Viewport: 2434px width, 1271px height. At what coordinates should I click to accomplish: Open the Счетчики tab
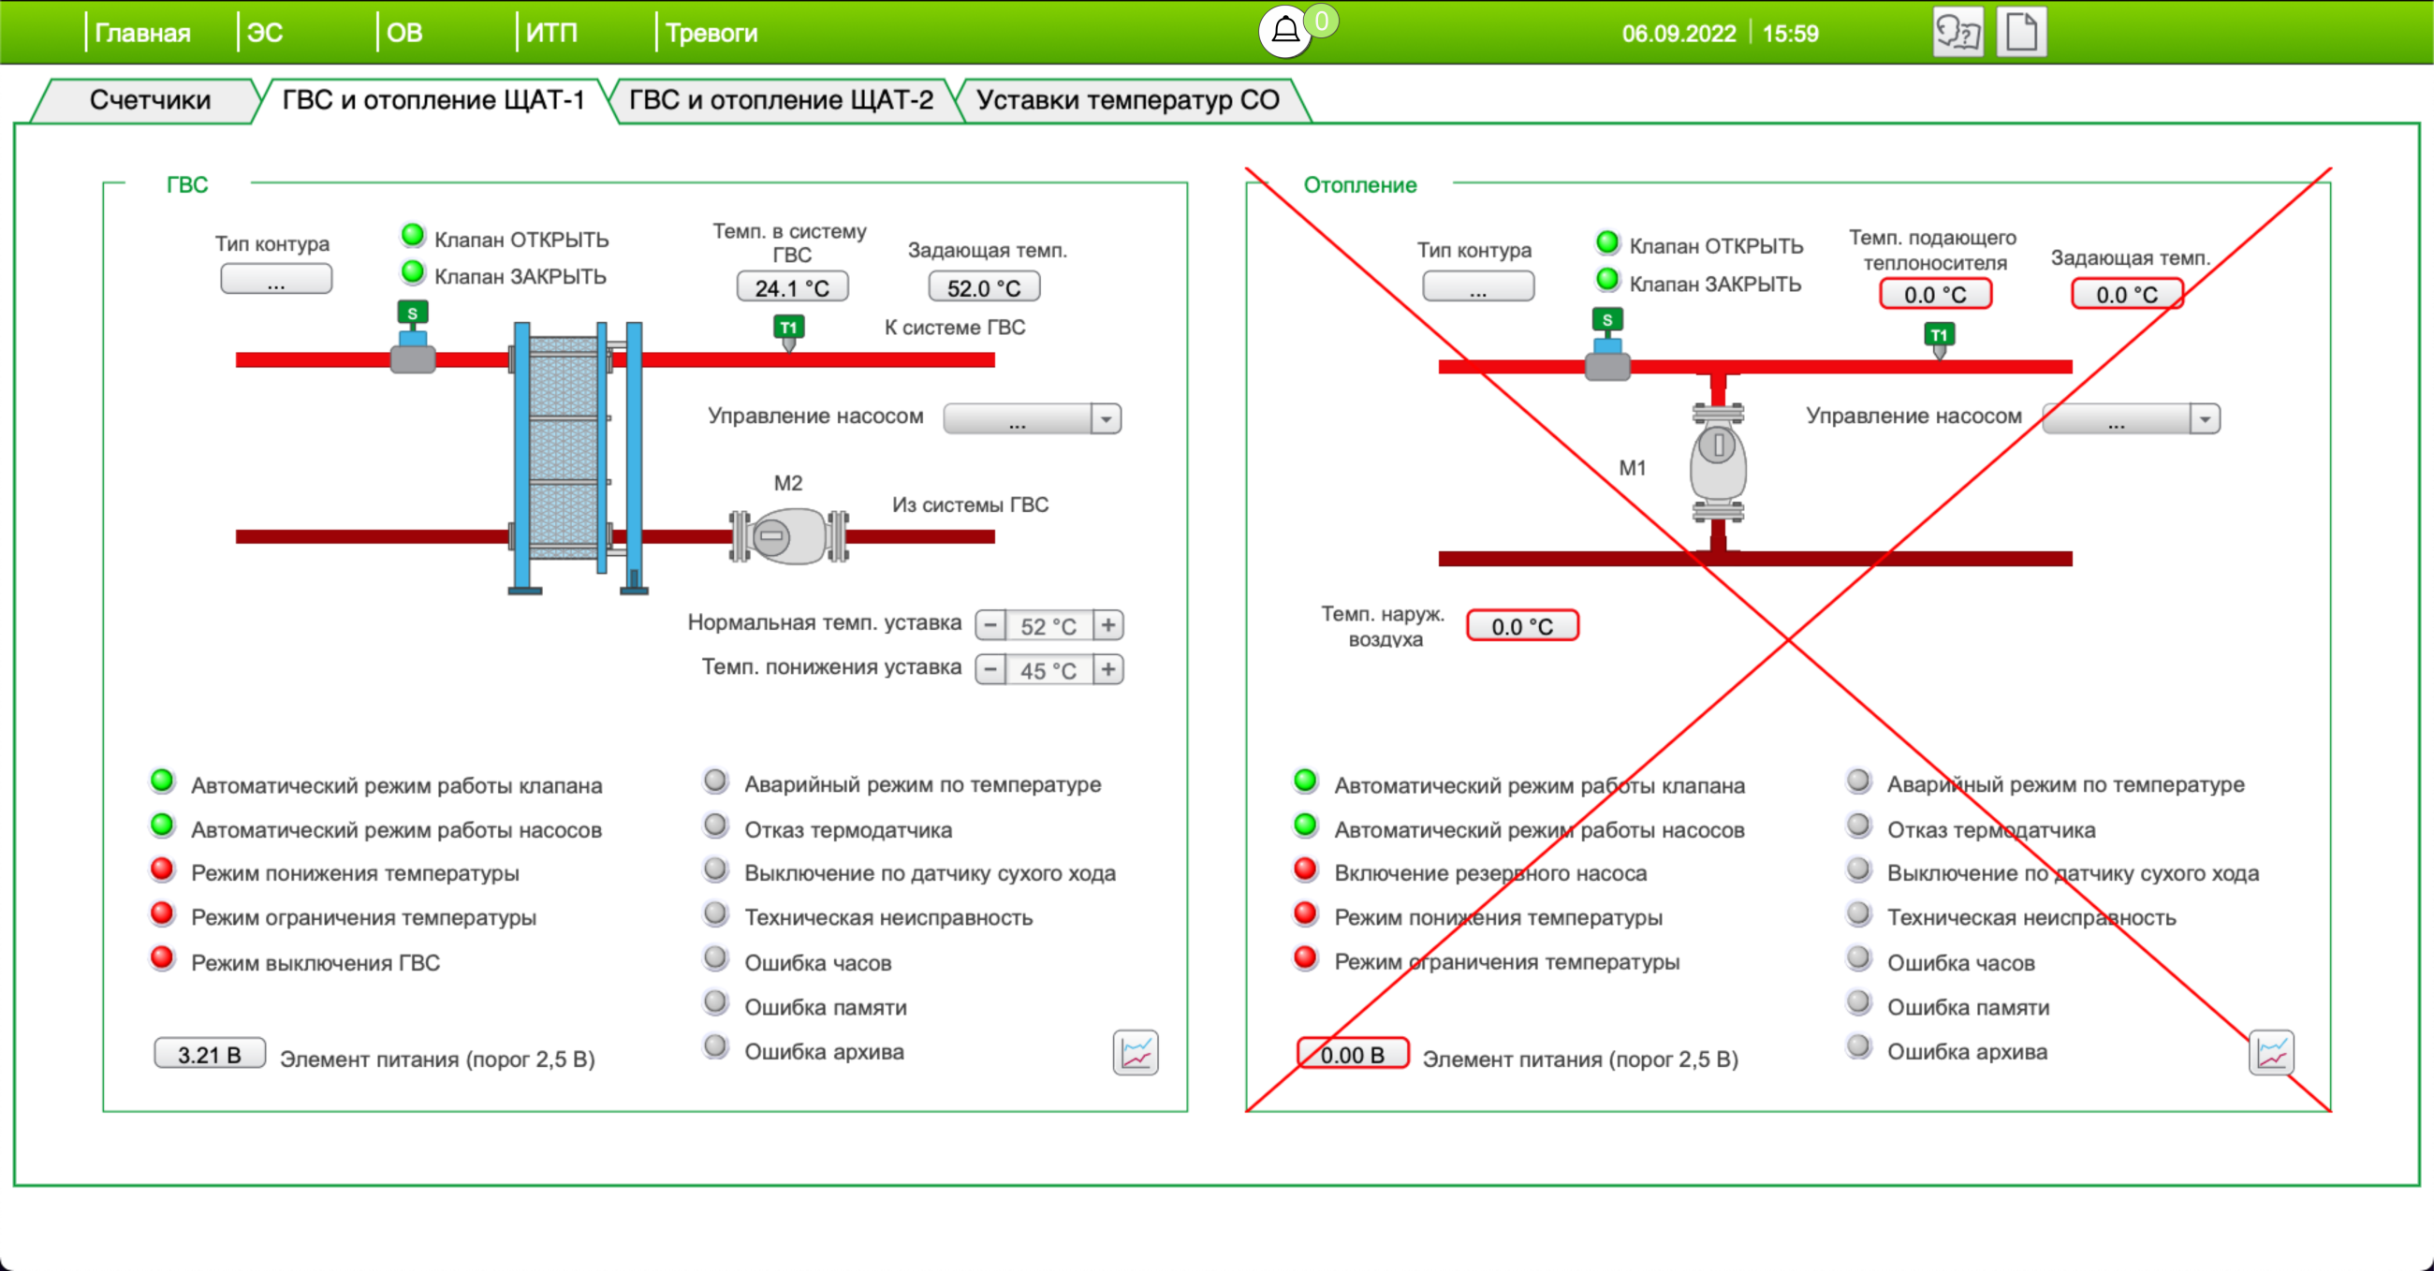tap(149, 100)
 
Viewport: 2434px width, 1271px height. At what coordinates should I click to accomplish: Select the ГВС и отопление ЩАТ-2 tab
tap(781, 100)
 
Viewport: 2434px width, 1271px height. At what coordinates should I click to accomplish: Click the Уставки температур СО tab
tap(1127, 100)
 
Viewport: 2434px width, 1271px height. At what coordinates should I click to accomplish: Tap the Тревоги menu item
tap(711, 33)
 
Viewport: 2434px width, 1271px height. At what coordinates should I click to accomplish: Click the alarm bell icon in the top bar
tap(1285, 31)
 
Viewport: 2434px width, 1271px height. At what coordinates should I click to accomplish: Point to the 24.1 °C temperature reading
tap(792, 287)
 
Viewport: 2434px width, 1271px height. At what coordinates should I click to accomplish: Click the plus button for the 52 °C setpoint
tap(1108, 624)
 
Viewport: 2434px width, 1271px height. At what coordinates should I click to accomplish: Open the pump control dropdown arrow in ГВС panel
tap(1106, 418)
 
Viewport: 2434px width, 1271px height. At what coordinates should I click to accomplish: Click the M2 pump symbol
tap(789, 535)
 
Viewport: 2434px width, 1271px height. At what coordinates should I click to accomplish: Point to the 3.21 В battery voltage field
tap(210, 1054)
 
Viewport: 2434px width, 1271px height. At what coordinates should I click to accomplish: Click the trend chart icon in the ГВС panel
tap(1136, 1053)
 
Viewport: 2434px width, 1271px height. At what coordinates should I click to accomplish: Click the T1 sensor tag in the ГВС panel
tap(788, 328)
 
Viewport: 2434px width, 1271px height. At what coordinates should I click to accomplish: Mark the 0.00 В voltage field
tap(1352, 1054)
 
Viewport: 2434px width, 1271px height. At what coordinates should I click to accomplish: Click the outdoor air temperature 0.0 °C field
tap(1522, 625)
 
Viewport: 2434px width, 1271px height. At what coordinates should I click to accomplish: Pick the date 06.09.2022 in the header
tap(1679, 34)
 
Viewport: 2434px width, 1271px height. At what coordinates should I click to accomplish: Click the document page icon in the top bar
tap(2021, 32)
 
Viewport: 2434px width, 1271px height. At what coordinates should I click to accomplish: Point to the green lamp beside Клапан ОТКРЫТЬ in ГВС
tap(413, 234)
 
